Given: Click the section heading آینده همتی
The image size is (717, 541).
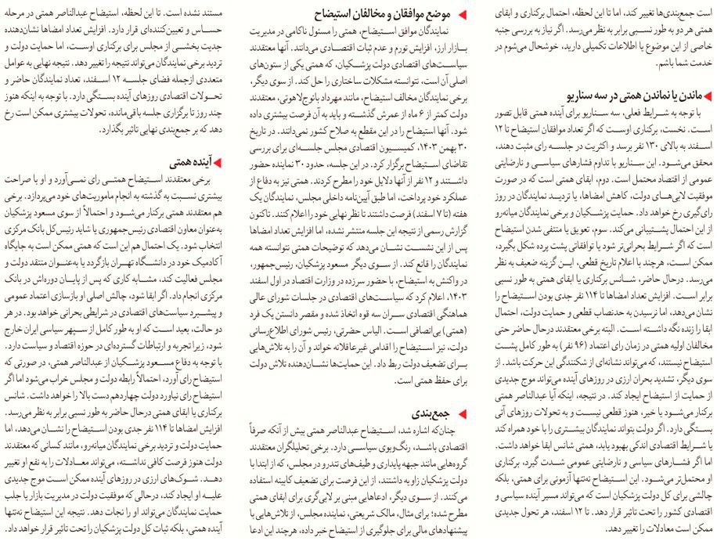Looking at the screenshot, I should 191,163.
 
